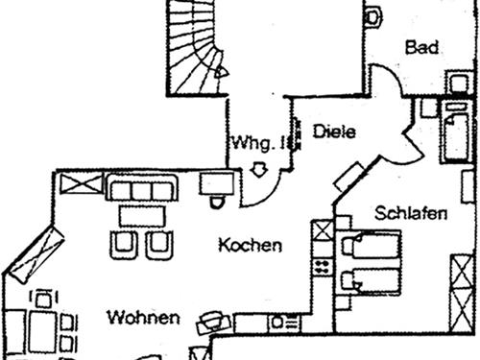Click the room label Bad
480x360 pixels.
pyautogui.click(x=422, y=47)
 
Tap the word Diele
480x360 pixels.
pyautogui.click(x=334, y=132)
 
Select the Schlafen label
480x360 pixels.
pyautogui.click(x=411, y=212)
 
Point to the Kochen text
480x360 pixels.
pyautogui.click(x=250, y=245)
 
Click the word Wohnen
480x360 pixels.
pyautogui.click(x=144, y=317)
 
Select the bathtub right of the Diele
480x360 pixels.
pyautogui.click(x=454, y=134)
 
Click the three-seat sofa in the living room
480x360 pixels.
pyautogui.click(x=142, y=187)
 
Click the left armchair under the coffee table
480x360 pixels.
pyautogui.click(x=124, y=244)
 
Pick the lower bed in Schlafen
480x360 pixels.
pyautogui.click(x=372, y=281)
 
